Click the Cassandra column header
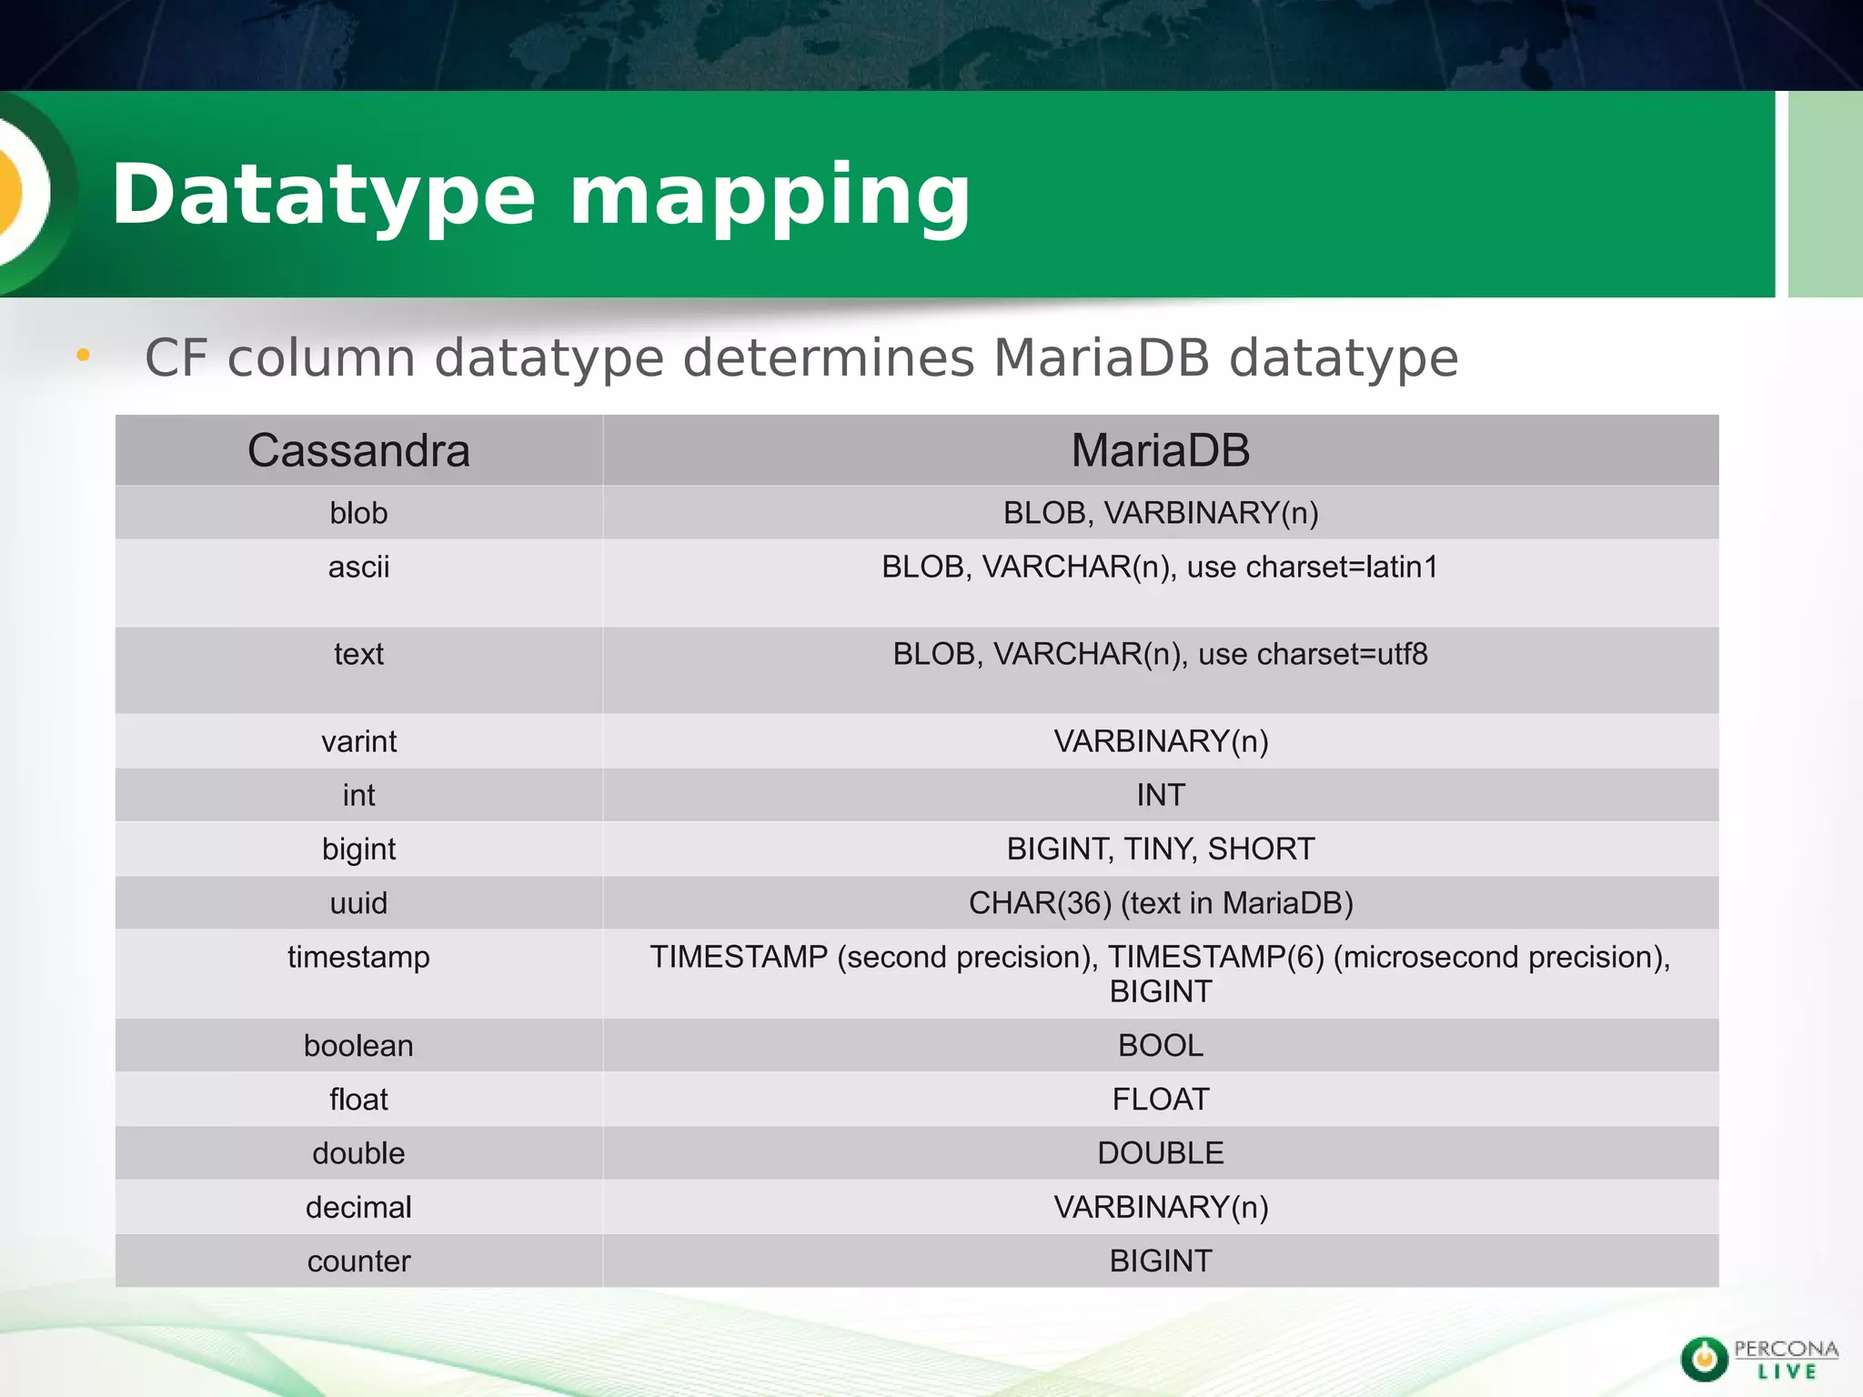[358, 451]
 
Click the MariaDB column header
[1160, 451]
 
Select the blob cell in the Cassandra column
[358, 513]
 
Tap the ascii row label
[358, 568]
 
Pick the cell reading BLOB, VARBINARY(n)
[1160, 513]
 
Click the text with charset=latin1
[1160, 568]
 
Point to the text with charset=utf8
[1160, 654]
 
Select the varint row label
[358, 741]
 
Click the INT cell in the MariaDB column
[1160, 795]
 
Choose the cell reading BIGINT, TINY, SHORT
[1160, 849]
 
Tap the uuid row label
[358, 903]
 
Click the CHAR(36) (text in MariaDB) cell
[1160, 903]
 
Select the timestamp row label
[358, 957]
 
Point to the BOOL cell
[1160, 1046]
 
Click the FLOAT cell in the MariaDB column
[1160, 1100]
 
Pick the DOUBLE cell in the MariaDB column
[1160, 1153]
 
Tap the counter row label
[358, 1261]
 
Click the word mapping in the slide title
[770, 196]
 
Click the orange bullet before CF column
[83, 355]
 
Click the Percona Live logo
[1758, 1360]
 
